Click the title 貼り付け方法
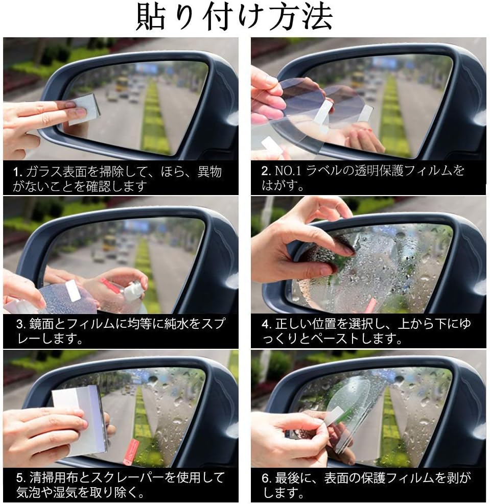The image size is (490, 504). (x=235, y=17)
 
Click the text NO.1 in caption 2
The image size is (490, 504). (x=288, y=171)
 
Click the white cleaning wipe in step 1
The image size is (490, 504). (x=84, y=109)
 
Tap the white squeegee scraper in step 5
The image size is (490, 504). (x=80, y=419)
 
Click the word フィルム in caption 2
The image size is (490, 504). (x=428, y=171)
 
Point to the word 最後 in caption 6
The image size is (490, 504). (x=288, y=478)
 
